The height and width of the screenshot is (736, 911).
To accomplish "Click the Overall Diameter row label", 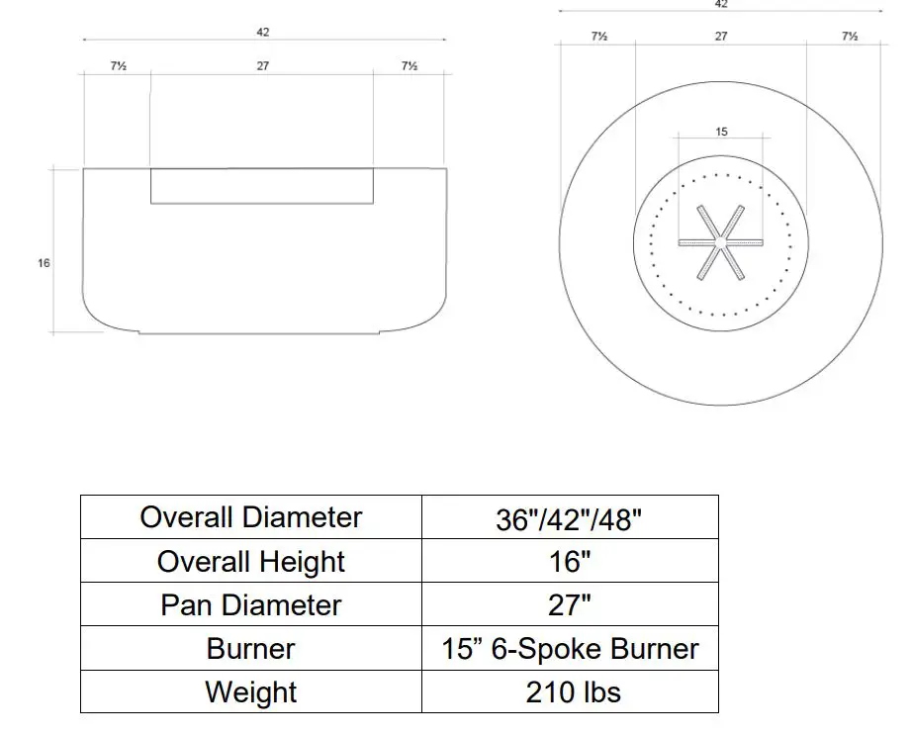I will (251, 517).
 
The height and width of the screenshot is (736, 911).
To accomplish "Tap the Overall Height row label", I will (251, 562).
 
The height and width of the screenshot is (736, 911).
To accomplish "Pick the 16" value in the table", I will (570, 562).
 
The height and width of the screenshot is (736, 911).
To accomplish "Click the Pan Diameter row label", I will (251, 605).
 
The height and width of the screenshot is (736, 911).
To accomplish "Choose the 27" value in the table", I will (570, 605).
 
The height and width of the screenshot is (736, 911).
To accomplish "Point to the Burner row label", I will (251, 649).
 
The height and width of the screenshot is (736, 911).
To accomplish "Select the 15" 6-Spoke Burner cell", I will (570, 649).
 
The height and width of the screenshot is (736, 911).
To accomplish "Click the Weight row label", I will (251, 692).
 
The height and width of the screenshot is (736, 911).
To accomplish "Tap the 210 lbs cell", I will (570, 692).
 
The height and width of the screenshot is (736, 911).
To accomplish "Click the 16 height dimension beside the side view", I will (44, 263).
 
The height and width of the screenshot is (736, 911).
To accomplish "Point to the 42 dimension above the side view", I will (263, 32).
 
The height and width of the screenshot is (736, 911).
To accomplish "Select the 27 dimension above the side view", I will (263, 66).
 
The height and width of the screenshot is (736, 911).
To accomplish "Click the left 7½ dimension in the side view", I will (118, 66).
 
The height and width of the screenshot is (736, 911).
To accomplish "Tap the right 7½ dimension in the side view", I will (409, 66).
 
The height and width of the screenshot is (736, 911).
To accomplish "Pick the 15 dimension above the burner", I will (721, 132).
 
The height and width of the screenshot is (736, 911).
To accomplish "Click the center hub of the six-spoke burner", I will (721, 242).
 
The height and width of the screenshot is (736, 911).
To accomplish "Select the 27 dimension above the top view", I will (721, 37).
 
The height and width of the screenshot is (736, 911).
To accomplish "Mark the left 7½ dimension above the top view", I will (598, 37).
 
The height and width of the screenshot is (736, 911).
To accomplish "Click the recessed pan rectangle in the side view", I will (262, 186).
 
